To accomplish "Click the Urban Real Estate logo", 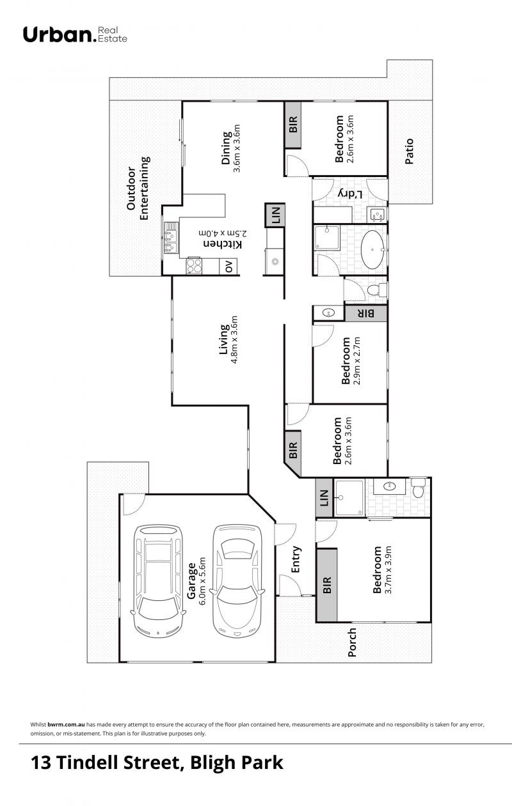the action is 75,35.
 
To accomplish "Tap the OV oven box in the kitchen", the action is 228,267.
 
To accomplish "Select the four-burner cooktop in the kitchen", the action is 194,267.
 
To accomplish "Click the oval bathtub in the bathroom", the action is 372,249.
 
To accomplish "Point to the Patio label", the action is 409,151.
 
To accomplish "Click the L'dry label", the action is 351,194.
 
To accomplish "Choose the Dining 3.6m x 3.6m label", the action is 230,148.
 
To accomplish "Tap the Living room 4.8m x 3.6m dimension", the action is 234,339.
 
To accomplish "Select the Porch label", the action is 351,642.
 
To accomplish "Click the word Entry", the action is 296,559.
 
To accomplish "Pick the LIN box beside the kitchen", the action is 275,215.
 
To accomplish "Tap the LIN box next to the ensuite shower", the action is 324,498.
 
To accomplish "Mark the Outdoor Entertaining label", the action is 138,188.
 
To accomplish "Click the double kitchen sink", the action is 171,238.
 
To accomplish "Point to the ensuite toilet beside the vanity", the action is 419,488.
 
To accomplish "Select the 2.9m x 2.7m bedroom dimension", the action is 356,361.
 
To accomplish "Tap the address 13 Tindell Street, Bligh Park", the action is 157,763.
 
